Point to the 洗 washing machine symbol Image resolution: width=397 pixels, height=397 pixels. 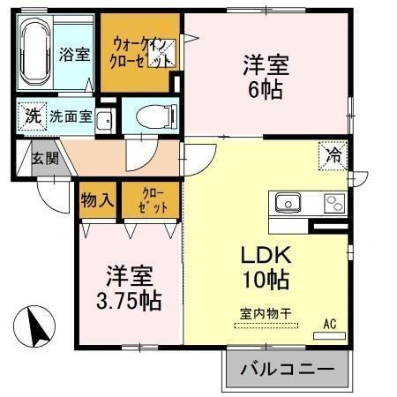click(32, 116)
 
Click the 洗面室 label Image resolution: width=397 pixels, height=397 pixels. click(71, 116)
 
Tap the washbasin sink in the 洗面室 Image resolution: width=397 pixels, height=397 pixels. click(104, 120)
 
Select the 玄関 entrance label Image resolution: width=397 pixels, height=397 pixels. click(44, 160)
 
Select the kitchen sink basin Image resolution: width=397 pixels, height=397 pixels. click(288, 203)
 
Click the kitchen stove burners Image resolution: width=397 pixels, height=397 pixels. click(335, 203)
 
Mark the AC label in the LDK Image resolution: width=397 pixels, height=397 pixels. click(330, 324)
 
